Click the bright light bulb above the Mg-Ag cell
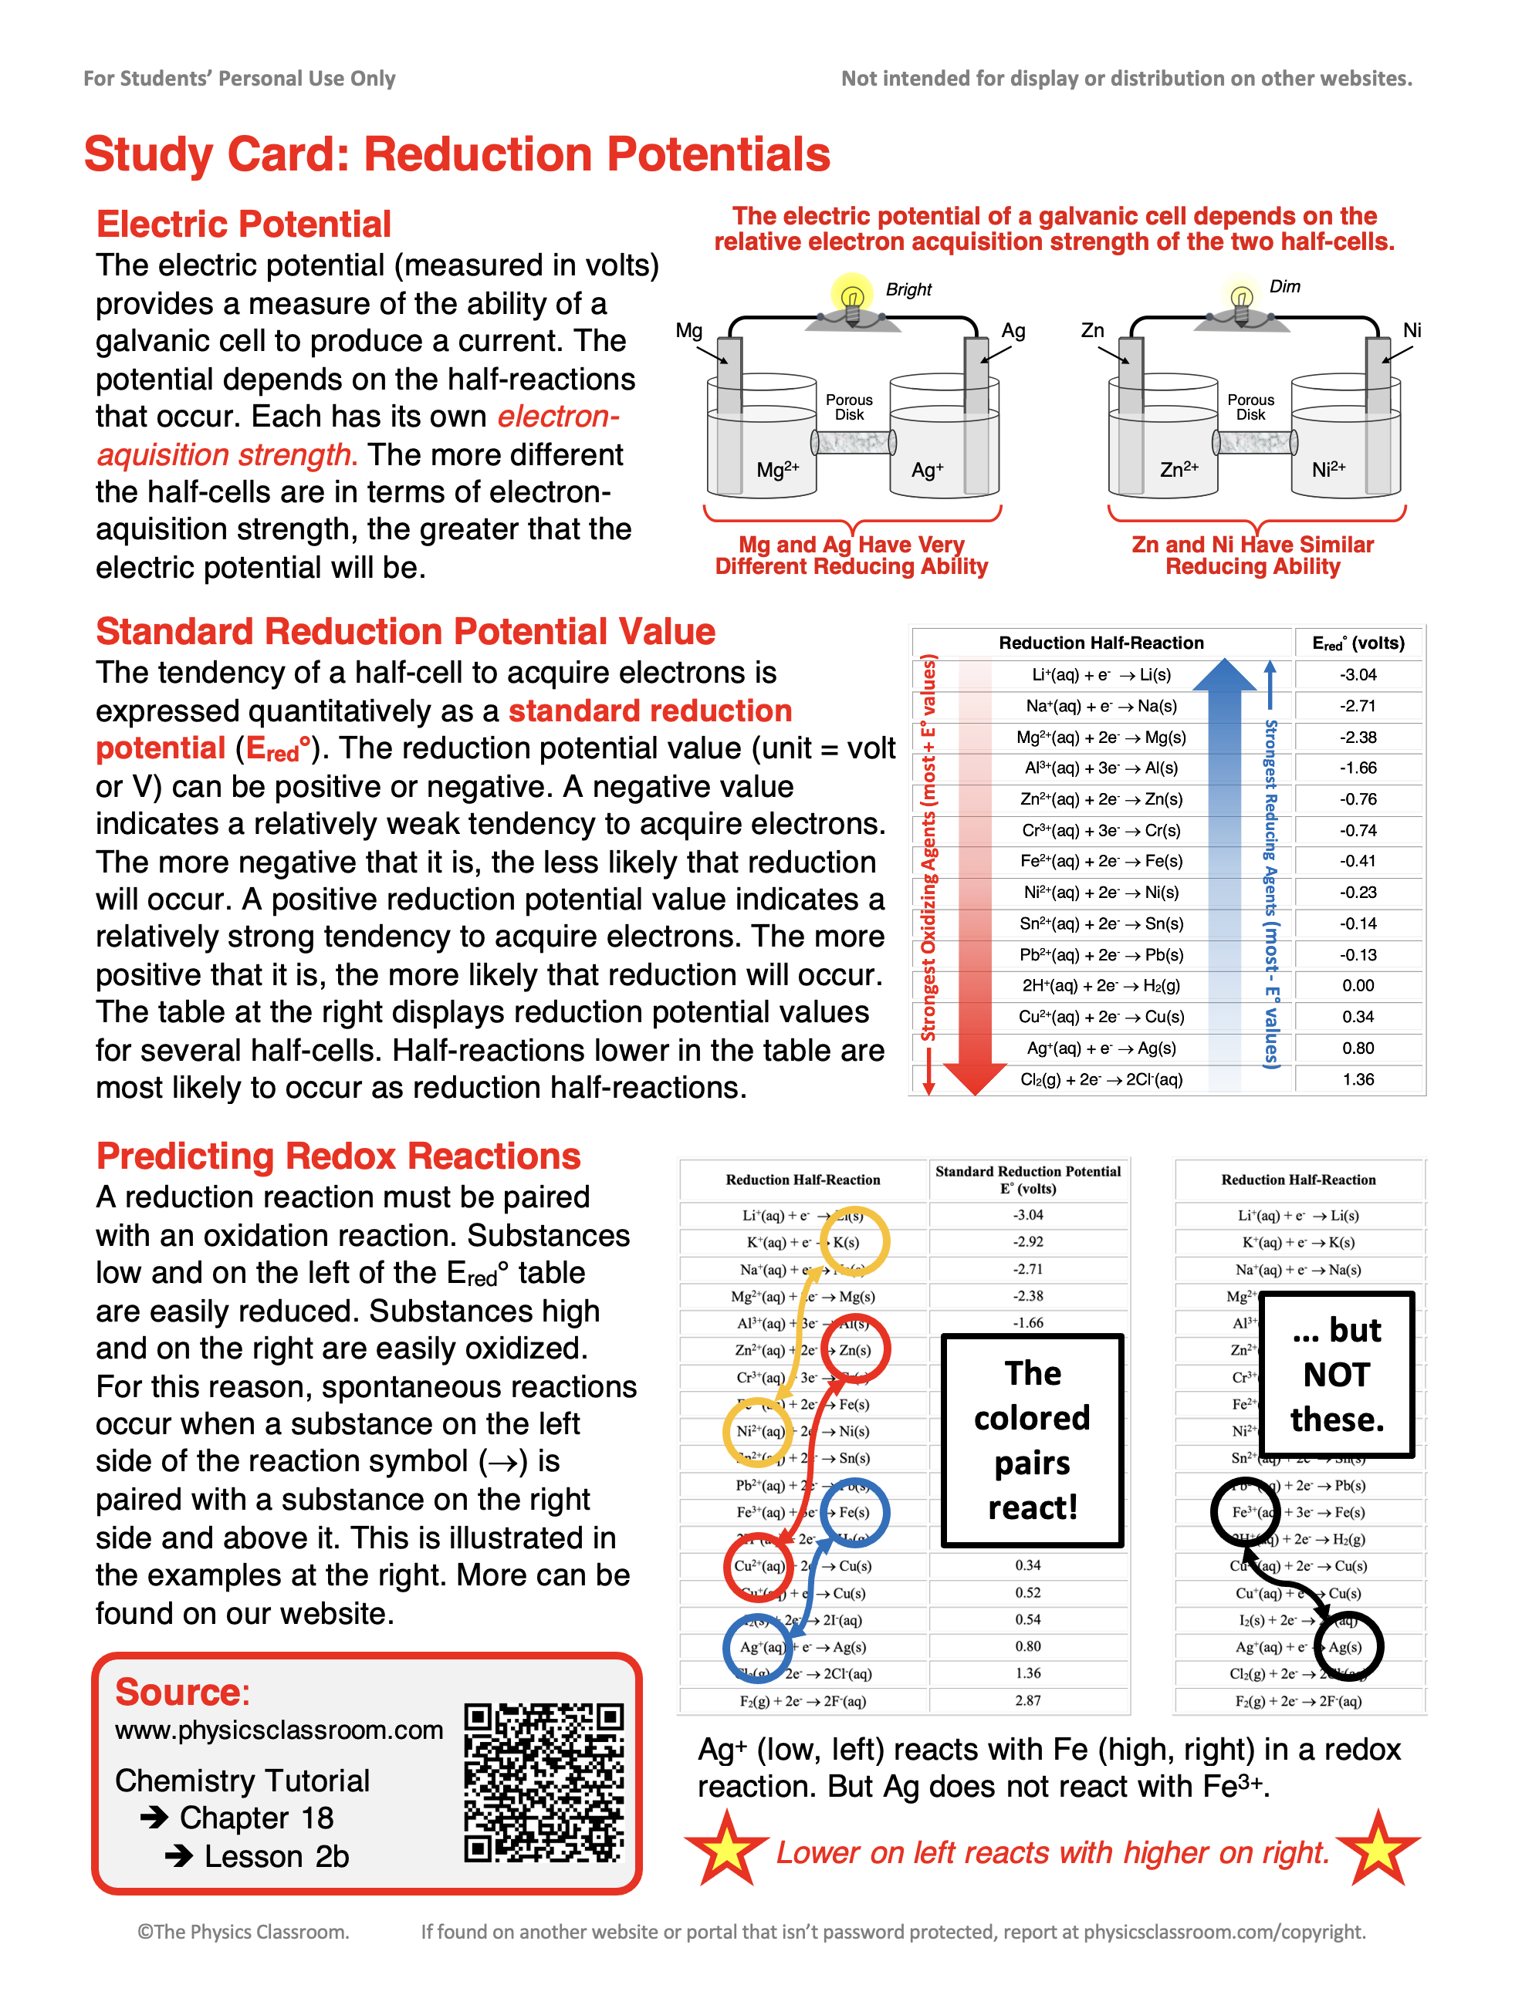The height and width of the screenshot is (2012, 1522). (851, 296)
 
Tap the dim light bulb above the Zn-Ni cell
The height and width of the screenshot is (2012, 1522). (1241, 296)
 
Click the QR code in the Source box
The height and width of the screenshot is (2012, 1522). (544, 1783)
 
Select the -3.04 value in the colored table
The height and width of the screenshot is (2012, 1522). (1358, 675)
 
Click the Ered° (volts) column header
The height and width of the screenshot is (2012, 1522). (1358, 643)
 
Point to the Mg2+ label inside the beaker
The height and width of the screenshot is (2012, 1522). (777, 469)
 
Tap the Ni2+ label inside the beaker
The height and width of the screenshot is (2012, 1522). (1328, 469)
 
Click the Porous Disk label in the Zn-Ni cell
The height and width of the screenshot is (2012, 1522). (1250, 407)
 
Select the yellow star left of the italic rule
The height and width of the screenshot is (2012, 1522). (726, 1848)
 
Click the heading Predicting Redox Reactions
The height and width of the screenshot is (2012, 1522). (338, 1156)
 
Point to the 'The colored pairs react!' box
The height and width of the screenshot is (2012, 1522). (1032, 1440)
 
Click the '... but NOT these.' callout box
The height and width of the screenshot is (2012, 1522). (1337, 1373)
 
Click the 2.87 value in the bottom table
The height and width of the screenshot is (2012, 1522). (1028, 1700)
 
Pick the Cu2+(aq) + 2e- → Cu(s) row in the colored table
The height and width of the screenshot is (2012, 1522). (1101, 1017)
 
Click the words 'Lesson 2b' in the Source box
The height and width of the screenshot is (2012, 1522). (276, 1856)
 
